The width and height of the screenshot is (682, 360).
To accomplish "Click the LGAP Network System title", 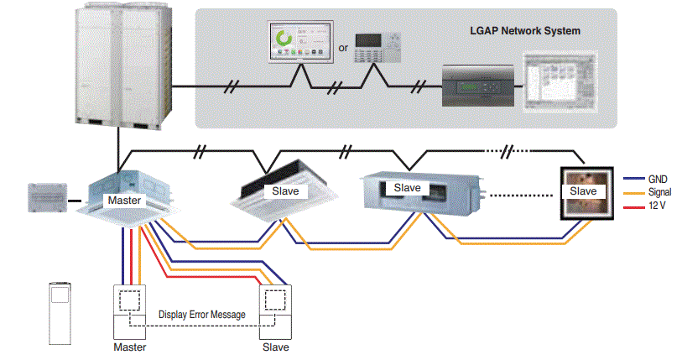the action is [525, 31].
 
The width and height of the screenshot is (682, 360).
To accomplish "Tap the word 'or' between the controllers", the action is [343, 48].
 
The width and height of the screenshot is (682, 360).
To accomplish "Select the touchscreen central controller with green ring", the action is [300, 41].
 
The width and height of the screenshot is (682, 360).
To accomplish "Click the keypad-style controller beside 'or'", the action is [377, 48].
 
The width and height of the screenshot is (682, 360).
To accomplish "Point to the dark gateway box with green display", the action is [478, 86].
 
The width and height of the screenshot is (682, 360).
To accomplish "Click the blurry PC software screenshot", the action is [560, 82].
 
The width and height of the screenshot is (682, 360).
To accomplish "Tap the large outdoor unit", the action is [123, 66].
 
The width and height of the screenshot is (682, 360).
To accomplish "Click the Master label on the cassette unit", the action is [124, 201].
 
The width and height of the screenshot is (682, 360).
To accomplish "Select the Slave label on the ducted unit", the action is [407, 188].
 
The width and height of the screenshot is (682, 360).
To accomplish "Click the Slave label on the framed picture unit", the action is [583, 191].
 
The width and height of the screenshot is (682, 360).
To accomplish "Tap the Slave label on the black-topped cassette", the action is [285, 191].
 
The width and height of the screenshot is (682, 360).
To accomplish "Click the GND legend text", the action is [658, 179].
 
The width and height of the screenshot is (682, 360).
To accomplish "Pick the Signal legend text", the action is [660, 192].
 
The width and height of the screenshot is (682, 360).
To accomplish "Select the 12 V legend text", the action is [657, 206].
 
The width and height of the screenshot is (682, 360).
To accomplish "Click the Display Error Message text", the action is [202, 315].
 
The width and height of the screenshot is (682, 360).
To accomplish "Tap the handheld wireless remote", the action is [60, 314].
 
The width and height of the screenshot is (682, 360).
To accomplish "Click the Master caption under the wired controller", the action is [130, 347].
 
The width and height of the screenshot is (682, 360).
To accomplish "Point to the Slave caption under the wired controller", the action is [276, 347].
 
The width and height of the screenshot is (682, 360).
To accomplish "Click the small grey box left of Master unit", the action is [48, 198].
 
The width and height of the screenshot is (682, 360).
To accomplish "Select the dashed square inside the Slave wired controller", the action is [275, 300].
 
